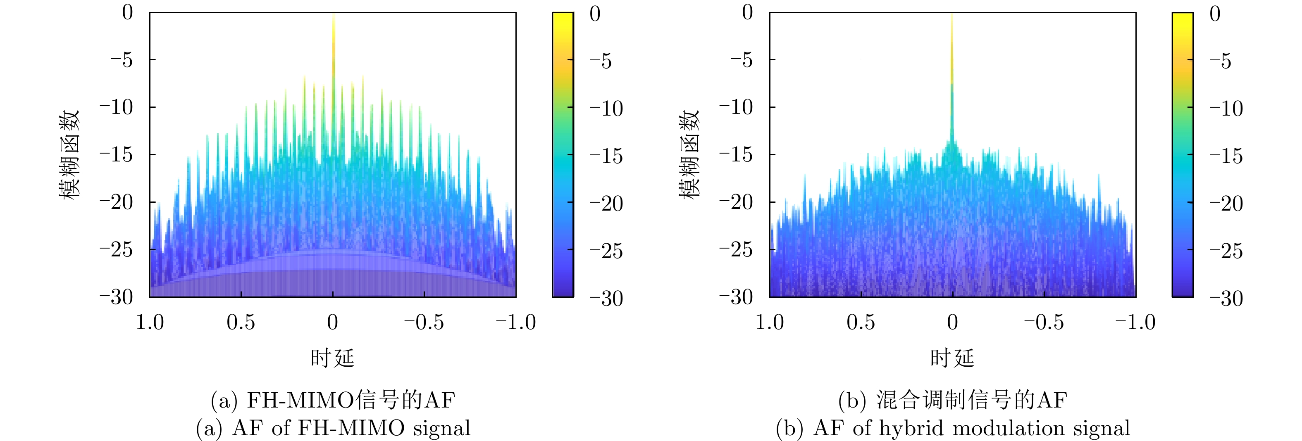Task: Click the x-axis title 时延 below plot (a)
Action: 333,358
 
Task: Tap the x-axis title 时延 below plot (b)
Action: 952,358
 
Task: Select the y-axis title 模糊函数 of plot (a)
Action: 70,154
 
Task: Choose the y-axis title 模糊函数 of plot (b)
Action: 689,154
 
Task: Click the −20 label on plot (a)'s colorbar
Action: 606,204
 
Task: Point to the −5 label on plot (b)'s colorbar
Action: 1225,61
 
